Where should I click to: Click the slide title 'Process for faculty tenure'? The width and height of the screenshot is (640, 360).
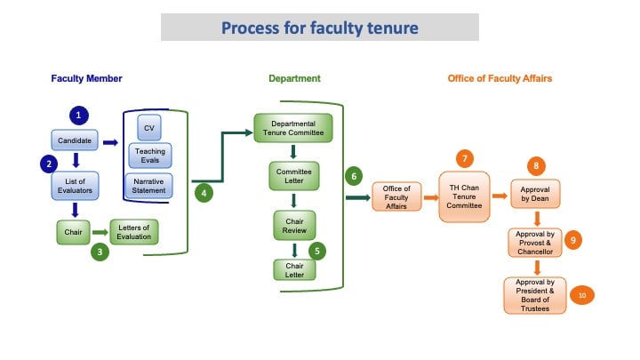coord(319,28)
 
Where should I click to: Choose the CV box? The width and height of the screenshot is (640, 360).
coord(150,128)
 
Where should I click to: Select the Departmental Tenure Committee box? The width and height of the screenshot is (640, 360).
coord(293,128)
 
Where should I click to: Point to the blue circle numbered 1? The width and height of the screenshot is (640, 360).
coord(80,116)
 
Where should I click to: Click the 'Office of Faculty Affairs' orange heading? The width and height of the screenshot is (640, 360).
coord(499,79)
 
